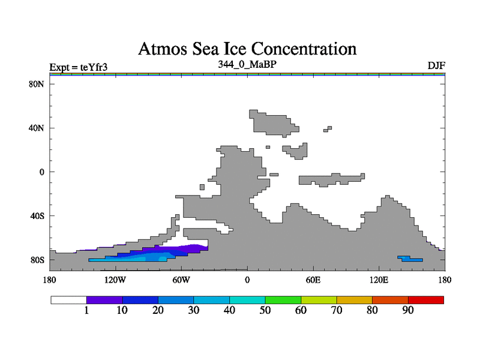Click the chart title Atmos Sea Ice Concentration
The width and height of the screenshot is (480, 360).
tap(247, 48)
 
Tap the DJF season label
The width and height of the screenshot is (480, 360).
tap(436, 65)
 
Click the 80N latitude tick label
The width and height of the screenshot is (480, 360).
tap(37, 84)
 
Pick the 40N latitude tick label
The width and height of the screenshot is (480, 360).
tap(37, 128)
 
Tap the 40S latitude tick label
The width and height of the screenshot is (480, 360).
tap(37, 215)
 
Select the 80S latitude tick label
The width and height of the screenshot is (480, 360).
tap(37, 260)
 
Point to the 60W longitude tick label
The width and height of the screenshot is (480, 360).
tap(181, 280)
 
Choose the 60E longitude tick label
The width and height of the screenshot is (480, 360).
tap(313, 280)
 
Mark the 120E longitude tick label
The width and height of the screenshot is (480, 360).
tap(379, 280)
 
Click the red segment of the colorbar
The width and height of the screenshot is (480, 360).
tap(426, 299)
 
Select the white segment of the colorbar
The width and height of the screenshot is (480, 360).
tap(68, 299)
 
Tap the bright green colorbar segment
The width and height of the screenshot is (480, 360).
tap(283, 299)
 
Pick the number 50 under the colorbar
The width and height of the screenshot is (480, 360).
tap(265, 310)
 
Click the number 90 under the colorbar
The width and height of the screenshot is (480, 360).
tap(408, 310)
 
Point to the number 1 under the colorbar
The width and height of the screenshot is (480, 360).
tap(86, 310)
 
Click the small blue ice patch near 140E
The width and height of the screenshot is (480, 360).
tap(410, 259)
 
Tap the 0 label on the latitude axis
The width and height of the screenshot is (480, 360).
tap(42, 172)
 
